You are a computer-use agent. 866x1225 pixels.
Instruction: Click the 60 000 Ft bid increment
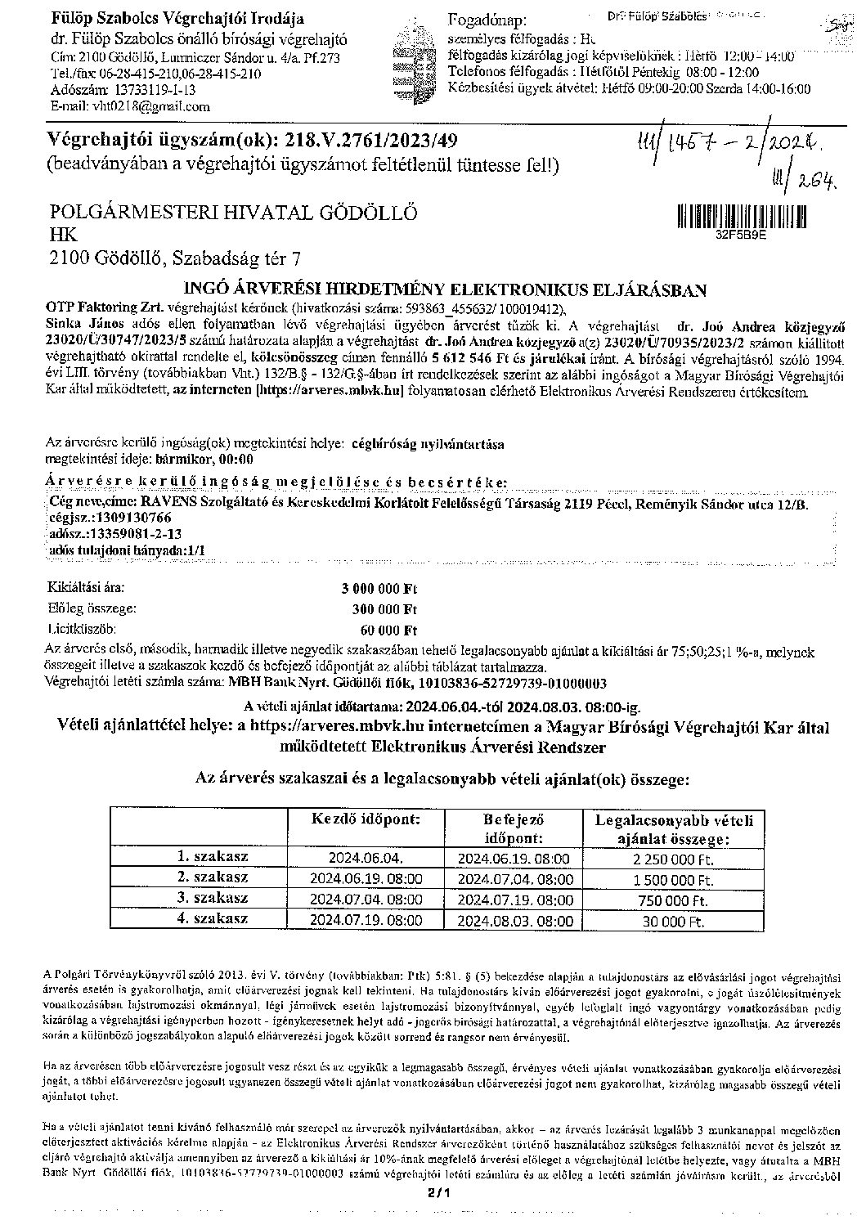coord(388,630)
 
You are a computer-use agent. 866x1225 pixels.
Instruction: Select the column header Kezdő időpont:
coord(367,819)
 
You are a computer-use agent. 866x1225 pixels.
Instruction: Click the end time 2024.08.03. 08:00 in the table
coord(514,920)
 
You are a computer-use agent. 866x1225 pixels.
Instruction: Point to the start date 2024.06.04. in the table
coord(366,859)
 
